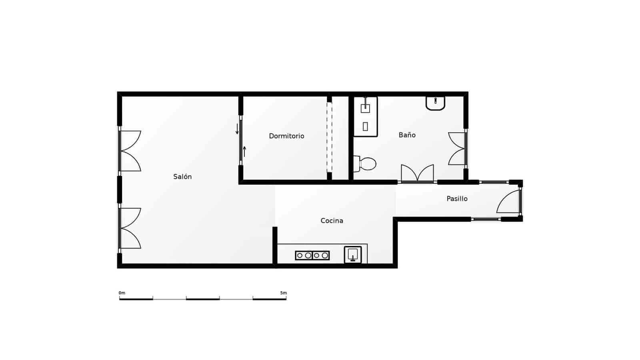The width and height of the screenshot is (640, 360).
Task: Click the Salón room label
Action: pos(182,176)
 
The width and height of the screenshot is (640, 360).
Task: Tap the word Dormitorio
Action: pos(286,136)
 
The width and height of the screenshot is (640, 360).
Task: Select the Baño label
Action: pos(407,135)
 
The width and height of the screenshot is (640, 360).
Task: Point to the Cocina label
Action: pos(332,220)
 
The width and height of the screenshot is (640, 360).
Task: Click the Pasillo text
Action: pos(457,198)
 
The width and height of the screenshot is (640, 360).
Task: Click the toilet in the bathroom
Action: pos(366,164)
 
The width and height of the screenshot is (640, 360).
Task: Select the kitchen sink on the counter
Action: pos(353,255)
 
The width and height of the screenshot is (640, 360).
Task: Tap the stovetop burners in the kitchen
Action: pos(312,255)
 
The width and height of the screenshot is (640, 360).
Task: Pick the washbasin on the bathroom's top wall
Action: pos(435,103)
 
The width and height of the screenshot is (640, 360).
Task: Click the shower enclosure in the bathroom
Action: pos(365,116)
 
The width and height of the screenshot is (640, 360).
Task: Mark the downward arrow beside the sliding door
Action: pos(237,129)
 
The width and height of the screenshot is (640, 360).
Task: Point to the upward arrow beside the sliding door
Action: pos(244,152)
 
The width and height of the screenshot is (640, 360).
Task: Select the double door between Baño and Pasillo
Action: pos(417,174)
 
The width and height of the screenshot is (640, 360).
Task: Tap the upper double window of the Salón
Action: pos(130,151)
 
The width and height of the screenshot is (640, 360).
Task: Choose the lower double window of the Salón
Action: pos(130,228)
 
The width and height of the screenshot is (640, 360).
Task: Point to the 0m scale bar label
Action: pos(122,293)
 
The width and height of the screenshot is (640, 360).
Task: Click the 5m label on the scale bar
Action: pos(283,293)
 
